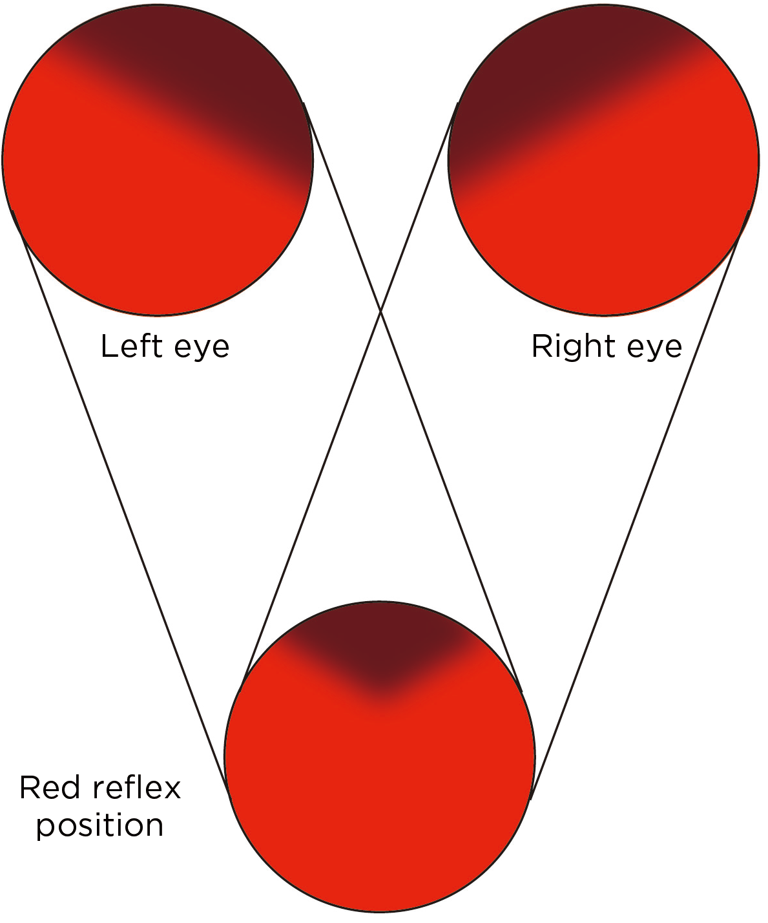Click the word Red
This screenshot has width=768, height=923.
[x=49, y=787]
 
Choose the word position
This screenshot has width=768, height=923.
[x=100, y=826]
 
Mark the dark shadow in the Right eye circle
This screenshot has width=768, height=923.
[x=530, y=71]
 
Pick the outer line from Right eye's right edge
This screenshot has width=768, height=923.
[x=639, y=504]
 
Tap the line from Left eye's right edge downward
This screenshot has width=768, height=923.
[x=452, y=504]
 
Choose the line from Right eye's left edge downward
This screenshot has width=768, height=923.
[x=310, y=504]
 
